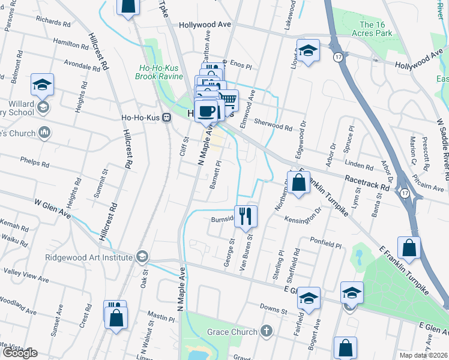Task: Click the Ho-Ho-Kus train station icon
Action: point(168,116)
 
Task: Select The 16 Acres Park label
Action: point(376,29)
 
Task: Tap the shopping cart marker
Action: point(228,100)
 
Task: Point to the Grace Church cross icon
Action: point(266,331)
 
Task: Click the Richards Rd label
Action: point(56,22)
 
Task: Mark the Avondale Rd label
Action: point(81,63)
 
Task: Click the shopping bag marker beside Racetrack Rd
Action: point(298,182)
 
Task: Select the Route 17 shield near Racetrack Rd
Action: point(405,193)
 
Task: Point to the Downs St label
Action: point(274,310)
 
